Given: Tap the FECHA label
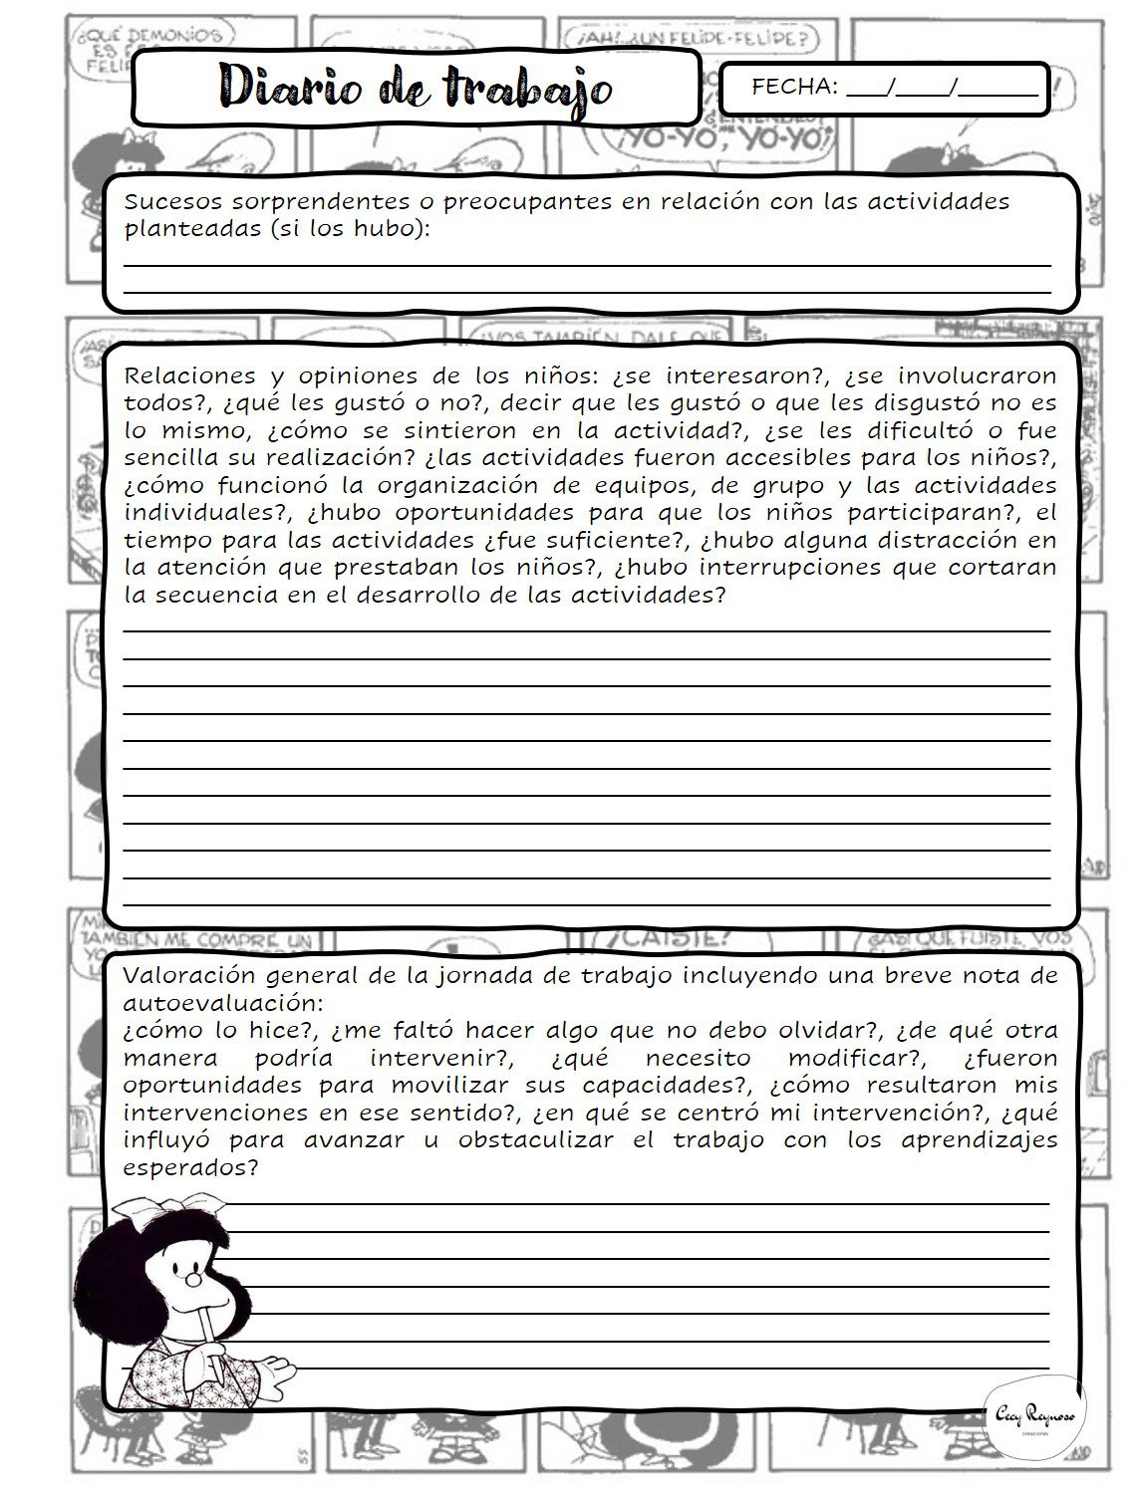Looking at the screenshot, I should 794,87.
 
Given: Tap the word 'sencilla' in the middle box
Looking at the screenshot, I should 166,459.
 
